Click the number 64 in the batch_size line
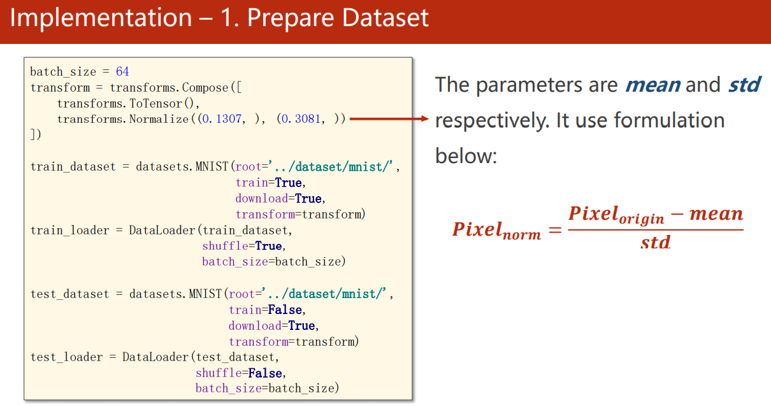click(x=122, y=71)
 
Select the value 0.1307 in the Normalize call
click(x=222, y=119)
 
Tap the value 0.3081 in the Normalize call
click(x=301, y=119)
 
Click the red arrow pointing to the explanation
click(x=389, y=119)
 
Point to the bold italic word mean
click(x=652, y=85)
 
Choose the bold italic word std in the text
click(x=744, y=85)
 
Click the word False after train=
click(x=285, y=310)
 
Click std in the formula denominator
click(x=655, y=243)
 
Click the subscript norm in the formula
click(x=521, y=235)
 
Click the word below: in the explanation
click(x=466, y=155)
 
